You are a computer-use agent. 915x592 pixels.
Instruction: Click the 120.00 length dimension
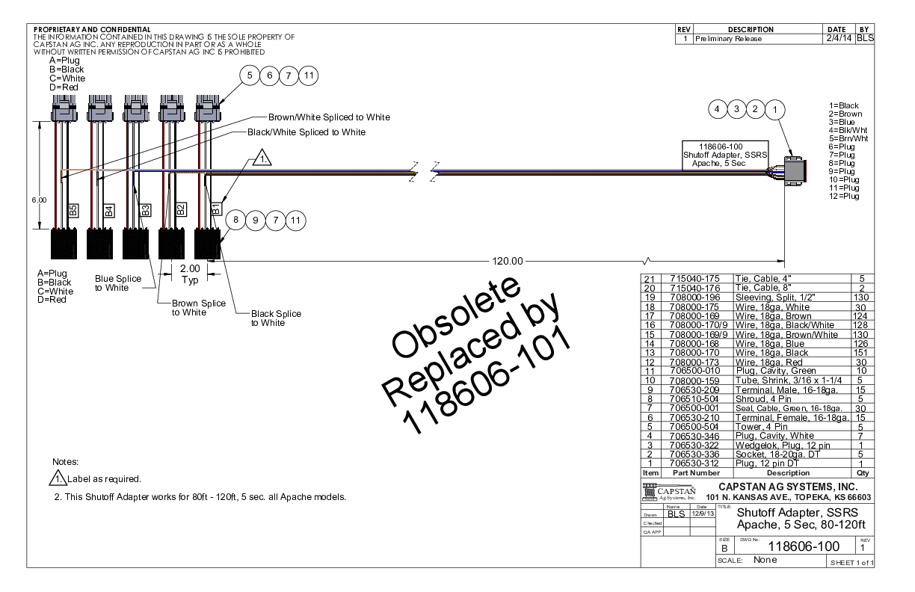pos(508,262)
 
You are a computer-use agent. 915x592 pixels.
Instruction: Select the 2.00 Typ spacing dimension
pos(190,274)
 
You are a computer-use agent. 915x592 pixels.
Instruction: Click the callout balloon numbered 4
pos(718,109)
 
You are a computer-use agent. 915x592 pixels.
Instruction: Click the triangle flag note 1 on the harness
pos(262,158)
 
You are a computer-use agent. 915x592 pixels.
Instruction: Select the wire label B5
pos(73,210)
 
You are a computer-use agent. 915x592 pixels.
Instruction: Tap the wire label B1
pos(215,210)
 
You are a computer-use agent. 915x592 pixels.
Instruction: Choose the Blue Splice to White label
pos(117,283)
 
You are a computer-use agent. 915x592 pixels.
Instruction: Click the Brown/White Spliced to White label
pos(329,117)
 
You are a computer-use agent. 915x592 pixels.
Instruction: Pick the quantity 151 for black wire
pos(861,352)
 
